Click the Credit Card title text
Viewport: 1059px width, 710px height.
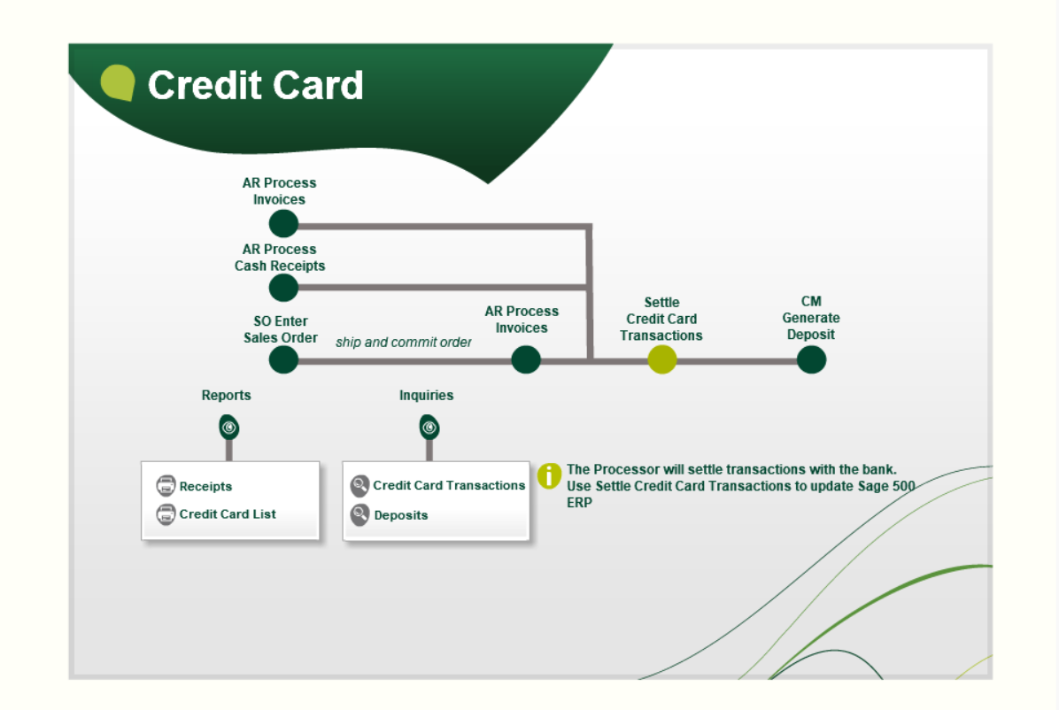coord(255,85)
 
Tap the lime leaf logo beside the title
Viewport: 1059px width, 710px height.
coord(118,83)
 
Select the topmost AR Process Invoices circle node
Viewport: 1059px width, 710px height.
coord(283,223)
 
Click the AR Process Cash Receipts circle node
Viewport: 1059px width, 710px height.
coord(283,288)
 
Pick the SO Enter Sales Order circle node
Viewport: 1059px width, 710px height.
coord(283,359)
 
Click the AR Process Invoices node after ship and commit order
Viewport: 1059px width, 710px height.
coord(526,359)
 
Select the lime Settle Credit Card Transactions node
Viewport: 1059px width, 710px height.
coord(662,359)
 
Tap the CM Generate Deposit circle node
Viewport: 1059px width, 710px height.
coord(811,359)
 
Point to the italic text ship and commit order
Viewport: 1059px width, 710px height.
coord(404,342)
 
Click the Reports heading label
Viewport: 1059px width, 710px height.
coord(227,396)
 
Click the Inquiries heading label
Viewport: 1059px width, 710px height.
coord(426,396)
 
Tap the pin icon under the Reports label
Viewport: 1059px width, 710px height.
coord(229,428)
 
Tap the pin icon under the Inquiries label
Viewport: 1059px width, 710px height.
coord(429,428)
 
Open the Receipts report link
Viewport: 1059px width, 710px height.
coord(205,486)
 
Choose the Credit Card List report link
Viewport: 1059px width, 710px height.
coord(228,513)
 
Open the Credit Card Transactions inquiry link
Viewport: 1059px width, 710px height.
coord(449,485)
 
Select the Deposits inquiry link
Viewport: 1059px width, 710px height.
coord(401,515)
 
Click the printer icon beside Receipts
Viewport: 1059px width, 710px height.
coord(166,486)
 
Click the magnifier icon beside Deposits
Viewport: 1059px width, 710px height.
coord(359,514)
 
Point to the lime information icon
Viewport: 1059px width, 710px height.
coord(550,475)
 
